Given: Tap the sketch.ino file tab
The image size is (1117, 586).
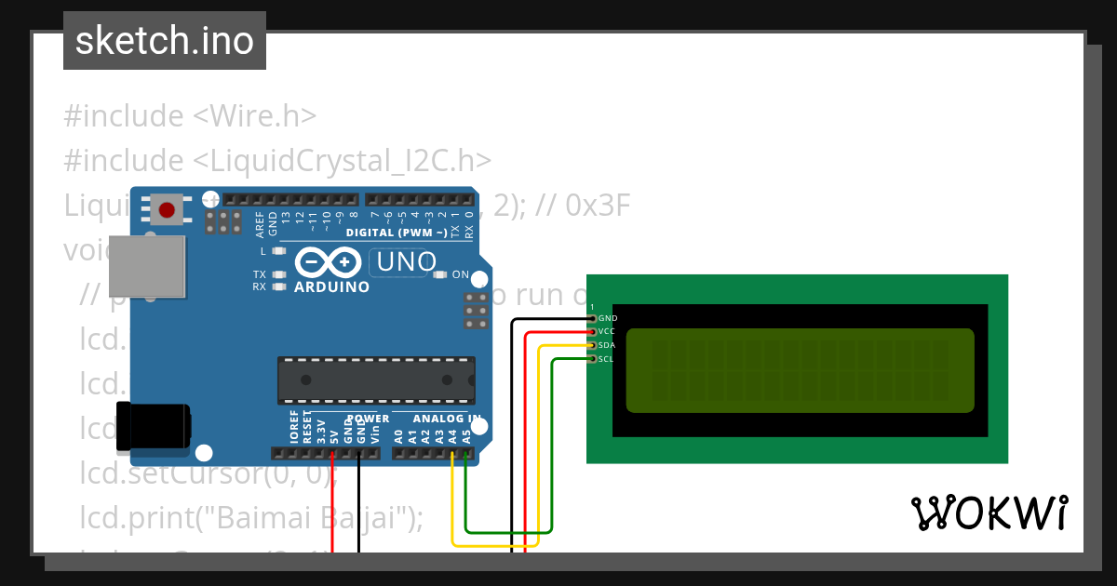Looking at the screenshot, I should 165,41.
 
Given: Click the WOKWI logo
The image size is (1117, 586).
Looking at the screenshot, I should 989,513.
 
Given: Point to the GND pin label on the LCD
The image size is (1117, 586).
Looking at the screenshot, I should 608,318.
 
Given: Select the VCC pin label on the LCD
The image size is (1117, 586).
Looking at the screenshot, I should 607,331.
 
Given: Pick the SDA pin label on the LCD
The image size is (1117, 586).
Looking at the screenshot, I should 607,345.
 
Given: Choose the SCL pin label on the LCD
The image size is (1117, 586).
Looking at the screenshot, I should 606,359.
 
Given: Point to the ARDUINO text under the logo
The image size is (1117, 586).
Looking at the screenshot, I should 331,286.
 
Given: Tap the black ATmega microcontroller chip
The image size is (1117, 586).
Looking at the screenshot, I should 375,380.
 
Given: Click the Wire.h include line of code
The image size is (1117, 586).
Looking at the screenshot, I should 191,116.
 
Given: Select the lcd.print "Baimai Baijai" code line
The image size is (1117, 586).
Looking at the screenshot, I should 251,517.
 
